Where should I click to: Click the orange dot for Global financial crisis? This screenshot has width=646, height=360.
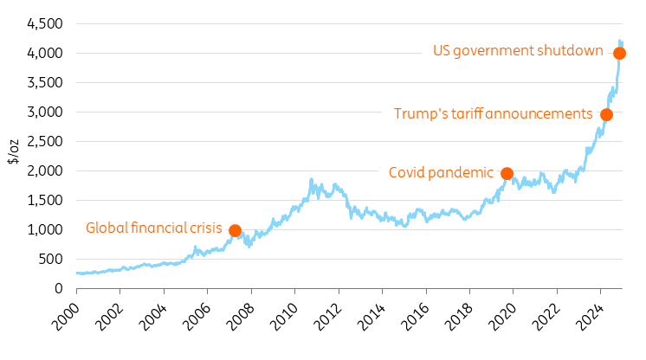coord(235,230)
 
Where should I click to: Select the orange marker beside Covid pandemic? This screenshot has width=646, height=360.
coord(507,173)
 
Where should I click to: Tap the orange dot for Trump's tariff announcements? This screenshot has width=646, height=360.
coord(606,115)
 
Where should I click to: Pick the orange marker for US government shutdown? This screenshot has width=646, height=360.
coord(619,53)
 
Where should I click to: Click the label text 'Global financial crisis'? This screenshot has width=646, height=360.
coord(154,228)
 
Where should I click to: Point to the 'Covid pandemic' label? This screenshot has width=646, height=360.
coord(441,172)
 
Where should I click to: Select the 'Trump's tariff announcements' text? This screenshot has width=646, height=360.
coord(493,114)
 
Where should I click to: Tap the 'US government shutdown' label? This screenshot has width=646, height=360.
coord(518,51)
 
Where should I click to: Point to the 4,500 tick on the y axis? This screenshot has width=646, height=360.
coord(45,23)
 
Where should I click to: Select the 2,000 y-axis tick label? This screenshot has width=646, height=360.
coord(45,170)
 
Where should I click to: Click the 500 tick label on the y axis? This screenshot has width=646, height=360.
coord(51,259)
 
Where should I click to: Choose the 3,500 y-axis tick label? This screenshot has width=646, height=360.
coord(45,82)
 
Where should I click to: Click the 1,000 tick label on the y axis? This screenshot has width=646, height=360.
coord(45,229)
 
